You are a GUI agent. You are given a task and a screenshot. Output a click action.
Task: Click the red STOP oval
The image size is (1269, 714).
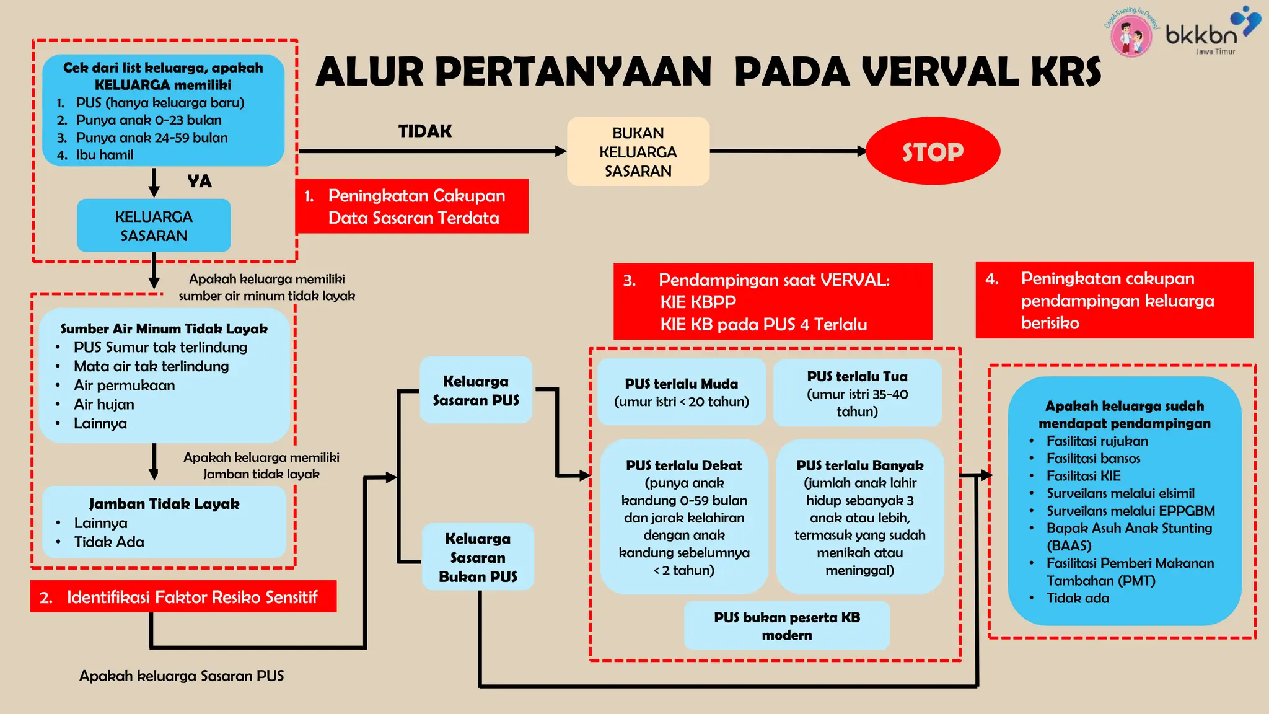933,151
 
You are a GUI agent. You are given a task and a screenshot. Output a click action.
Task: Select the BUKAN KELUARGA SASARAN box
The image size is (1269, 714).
638,152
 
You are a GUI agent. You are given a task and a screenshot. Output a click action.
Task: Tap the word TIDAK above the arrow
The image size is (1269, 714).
425,131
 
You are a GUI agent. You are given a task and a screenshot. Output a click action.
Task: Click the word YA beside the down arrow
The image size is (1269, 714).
200,182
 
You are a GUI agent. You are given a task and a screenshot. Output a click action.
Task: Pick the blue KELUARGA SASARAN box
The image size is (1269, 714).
154,226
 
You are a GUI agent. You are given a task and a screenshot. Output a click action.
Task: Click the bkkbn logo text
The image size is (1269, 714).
1200,35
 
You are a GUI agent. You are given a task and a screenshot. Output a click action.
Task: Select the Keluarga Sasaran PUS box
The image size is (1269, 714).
476,390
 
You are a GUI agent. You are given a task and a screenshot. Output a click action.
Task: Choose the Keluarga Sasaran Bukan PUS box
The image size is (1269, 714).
478,557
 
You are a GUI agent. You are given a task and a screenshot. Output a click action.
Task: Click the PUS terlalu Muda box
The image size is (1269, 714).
682,392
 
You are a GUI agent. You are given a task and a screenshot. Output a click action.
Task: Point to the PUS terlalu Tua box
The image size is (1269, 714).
857,394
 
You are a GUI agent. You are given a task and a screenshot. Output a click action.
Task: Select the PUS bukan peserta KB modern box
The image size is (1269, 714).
787,626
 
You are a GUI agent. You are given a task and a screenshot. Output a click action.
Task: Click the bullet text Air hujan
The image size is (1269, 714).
104,405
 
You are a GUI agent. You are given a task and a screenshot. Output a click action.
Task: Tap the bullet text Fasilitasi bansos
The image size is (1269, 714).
1093,459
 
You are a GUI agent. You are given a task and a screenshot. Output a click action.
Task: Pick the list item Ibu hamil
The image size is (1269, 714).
104,155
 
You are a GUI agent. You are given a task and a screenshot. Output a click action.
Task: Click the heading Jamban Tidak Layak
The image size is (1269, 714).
164,504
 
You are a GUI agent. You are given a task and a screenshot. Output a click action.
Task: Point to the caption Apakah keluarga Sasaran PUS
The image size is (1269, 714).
182,676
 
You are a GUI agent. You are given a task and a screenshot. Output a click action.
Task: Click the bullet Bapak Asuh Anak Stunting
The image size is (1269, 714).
1129,529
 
